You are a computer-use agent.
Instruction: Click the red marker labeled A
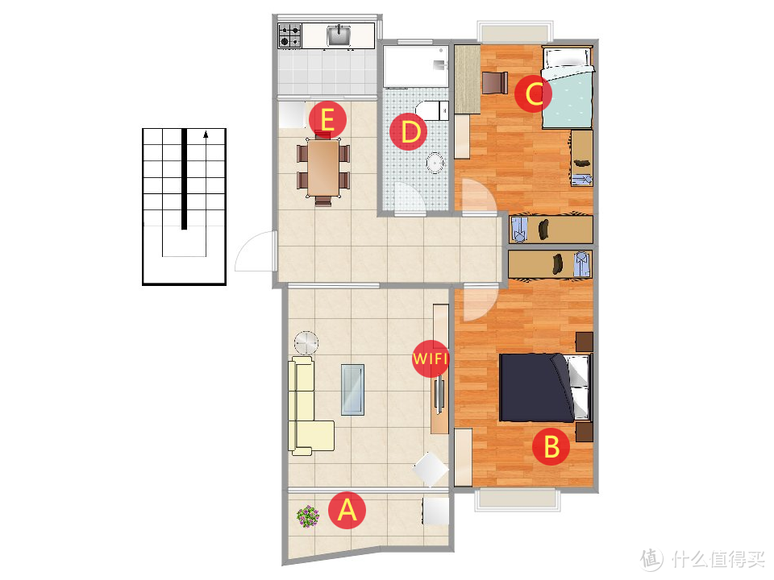click(x=347, y=510)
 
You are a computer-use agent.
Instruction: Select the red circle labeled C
click(x=533, y=93)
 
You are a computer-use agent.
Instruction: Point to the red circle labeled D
click(x=408, y=131)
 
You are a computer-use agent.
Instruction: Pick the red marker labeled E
click(x=328, y=119)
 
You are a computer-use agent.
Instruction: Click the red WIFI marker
click(x=431, y=358)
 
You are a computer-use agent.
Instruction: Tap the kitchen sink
click(x=339, y=35)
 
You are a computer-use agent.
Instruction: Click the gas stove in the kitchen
click(x=289, y=36)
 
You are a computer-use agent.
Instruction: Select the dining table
click(x=323, y=168)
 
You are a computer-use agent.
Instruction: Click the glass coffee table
click(x=352, y=389)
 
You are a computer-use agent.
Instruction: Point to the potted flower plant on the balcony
click(x=308, y=516)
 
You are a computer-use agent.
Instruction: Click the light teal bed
click(x=568, y=88)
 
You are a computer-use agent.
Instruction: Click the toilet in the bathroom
click(x=432, y=110)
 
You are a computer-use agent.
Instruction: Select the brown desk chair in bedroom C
click(x=494, y=83)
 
